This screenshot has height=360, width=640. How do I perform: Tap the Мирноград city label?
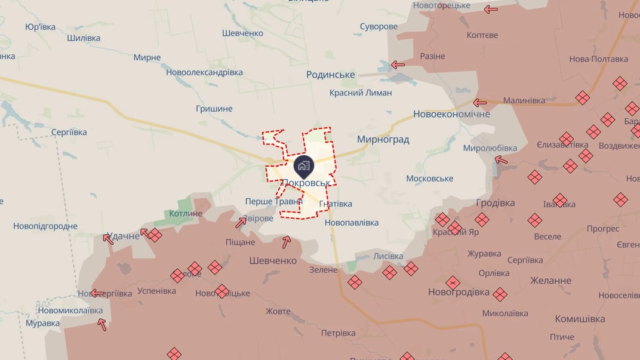(x=383, y=139)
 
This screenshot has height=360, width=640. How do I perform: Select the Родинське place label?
(x=330, y=75)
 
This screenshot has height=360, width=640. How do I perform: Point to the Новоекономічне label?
(x=451, y=114)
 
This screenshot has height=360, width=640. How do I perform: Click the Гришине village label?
(x=214, y=109)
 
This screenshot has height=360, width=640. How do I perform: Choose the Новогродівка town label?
(x=459, y=292)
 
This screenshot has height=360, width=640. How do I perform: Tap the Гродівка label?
(x=496, y=203)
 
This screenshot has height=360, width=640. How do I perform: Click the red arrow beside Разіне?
(x=398, y=64)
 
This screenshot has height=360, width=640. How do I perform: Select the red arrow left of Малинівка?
(x=479, y=102)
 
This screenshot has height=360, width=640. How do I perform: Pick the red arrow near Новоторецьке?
(x=491, y=9)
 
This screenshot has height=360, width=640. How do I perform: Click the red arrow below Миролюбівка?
(x=501, y=160)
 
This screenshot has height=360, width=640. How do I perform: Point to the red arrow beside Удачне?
(x=108, y=238)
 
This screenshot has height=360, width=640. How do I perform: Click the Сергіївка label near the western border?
(x=69, y=132)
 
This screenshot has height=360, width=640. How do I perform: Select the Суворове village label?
(x=379, y=26)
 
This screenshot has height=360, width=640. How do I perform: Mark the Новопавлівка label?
(x=352, y=223)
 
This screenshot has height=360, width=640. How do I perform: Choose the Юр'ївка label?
(x=40, y=27)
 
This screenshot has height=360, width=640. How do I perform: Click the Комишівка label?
(x=580, y=319)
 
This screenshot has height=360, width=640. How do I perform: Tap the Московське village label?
(x=429, y=179)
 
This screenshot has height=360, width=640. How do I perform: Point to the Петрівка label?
(x=338, y=333)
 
